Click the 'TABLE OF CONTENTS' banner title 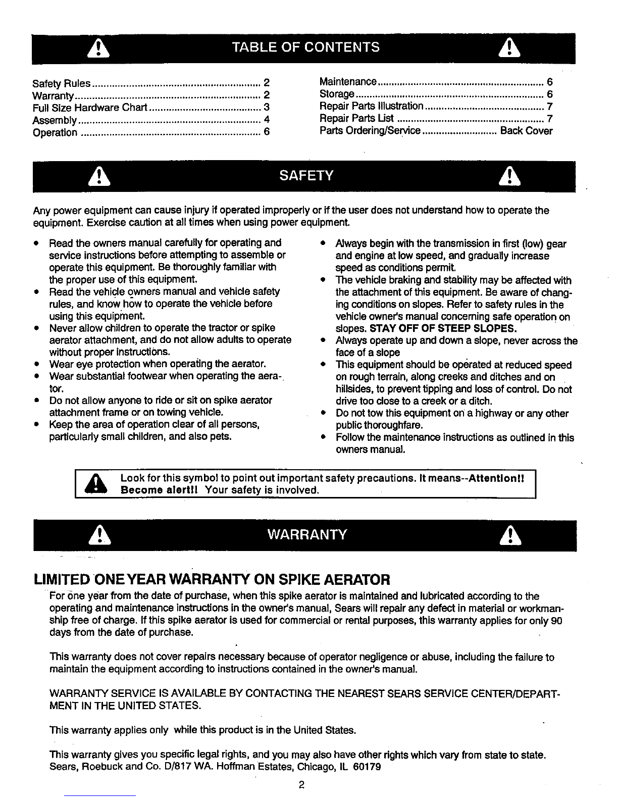tap(305, 47)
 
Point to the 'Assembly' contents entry tap(55, 120)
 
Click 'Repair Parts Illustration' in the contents tap(372, 106)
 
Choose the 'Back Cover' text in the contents tap(526, 131)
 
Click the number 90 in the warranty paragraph tap(557, 621)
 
